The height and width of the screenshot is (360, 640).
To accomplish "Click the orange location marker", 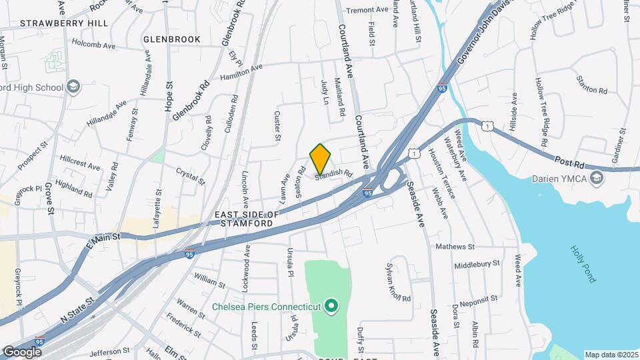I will (x=321, y=159).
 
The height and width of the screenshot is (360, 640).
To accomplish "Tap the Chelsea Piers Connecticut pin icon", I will (x=330, y=307).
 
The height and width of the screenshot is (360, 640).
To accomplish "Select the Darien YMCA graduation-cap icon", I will (x=597, y=178).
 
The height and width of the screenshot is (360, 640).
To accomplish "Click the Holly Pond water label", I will (x=582, y=264).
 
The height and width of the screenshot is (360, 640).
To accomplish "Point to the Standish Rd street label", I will (x=333, y=173).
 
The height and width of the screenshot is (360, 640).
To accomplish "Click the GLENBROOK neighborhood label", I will (x=172, y=39).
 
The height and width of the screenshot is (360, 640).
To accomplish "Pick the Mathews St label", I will (x=455, y=247).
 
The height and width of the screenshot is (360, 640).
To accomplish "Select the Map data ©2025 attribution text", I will (x=611, y=355).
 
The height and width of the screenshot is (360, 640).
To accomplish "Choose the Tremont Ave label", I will (x=367, y=10).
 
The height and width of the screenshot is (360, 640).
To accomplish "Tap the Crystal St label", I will (x=190, y=175).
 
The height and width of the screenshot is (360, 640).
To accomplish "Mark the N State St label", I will (x=79, y=309).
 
